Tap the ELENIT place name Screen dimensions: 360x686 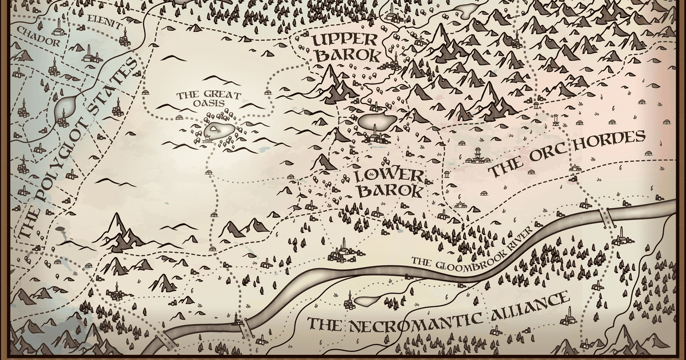[105, 25]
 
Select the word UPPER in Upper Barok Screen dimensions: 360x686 [344, 41]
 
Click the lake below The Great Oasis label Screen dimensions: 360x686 [218, 130]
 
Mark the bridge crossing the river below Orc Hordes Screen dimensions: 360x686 [606, 216]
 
